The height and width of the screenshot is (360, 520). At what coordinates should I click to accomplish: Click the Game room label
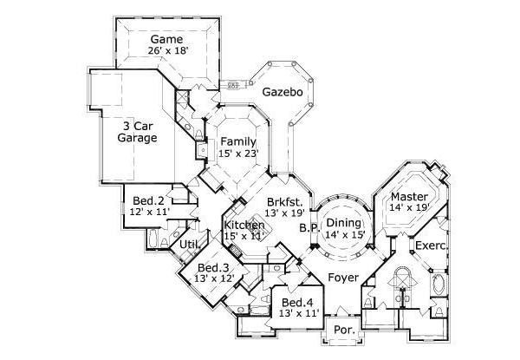tap(165, 39)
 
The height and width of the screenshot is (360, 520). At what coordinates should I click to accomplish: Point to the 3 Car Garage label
tap(140, 131)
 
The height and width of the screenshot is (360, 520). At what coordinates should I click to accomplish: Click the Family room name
tap(237, 141)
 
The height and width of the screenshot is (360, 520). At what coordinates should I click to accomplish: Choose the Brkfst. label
tap(285, 200)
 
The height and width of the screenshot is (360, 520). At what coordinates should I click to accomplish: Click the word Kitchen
tap(244, 226)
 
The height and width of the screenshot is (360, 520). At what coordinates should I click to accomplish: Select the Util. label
tap(190, 245)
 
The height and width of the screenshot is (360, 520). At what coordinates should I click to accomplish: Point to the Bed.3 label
tap(212, 267)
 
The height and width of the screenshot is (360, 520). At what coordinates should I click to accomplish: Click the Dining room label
tap(344, 222)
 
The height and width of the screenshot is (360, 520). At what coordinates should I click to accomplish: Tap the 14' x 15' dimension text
tap(344, 234)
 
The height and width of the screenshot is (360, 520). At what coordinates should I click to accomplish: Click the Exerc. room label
tap(432, 245)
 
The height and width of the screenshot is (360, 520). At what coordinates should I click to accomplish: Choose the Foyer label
tap(343, 278)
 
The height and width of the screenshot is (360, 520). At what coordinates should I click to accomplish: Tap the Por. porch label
tap(341, 331)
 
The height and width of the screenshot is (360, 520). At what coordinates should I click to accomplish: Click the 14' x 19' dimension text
tap(409, 208)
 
